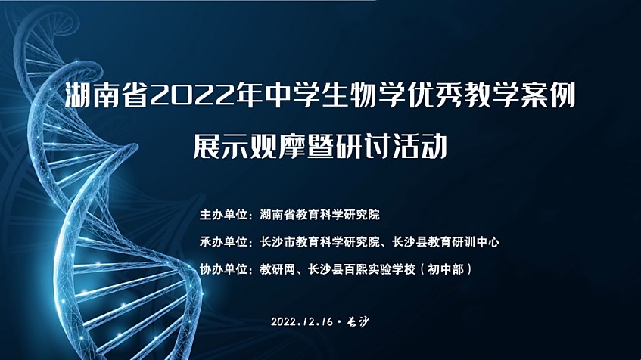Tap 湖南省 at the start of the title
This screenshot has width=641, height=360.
[107, 95]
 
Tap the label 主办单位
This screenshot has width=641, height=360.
[224, 215]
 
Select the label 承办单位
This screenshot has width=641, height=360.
[224, 242]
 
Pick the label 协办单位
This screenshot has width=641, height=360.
[224, 269]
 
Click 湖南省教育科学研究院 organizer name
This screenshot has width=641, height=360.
[319, 215]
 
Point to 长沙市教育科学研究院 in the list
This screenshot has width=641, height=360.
[319, 242]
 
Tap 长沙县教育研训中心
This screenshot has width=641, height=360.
[446, 242]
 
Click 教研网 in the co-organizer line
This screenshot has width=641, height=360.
[278, 269]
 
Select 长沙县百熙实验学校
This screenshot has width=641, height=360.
[362, 269]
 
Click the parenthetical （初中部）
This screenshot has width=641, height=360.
[446, 269]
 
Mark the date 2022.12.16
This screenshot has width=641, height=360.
[302, 321]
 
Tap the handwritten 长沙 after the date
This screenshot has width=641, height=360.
[357, 321]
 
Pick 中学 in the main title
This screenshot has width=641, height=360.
[293, 95]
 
